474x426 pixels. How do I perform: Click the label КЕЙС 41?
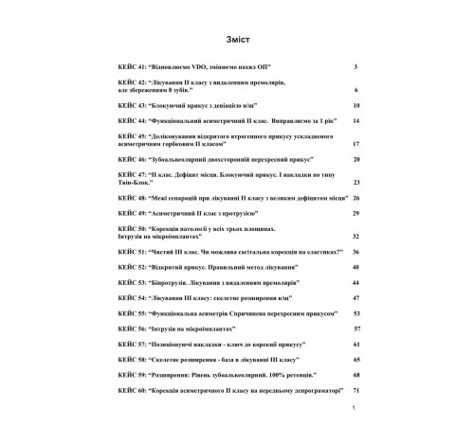click(131, 68)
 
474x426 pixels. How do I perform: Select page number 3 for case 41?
click(354, 68)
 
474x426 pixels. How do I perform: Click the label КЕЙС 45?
click(131, 138)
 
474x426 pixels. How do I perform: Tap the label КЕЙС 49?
click(131, 215)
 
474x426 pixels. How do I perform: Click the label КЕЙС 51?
click(131, 253)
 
